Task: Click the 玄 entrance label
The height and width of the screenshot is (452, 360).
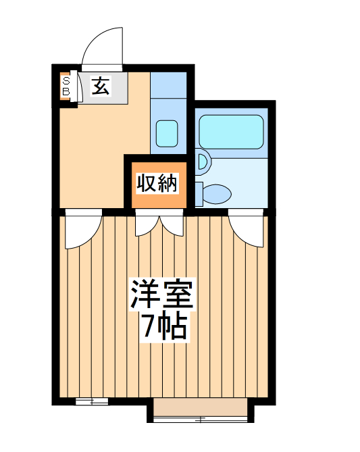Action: (101, 86)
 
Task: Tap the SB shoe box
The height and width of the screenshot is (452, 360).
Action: (66, 86)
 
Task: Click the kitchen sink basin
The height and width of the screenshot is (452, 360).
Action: (166, 133)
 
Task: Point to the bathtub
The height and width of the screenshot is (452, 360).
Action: (231, 132)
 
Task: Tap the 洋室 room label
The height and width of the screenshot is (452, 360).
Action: (162, 295)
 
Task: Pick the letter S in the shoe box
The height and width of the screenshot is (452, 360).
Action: (66, 81)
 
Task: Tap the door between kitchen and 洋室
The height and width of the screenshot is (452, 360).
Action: (82, 230)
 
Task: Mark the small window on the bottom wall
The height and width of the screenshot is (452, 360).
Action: (91, 402)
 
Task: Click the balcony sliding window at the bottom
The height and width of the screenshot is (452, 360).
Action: (201, 411)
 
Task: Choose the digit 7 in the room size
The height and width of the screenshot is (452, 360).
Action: (147, 327)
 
